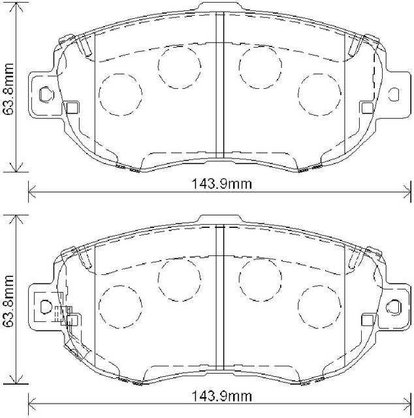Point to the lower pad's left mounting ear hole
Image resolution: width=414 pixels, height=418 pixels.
[46, 306]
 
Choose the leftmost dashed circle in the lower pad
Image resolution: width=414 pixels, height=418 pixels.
[121, 305]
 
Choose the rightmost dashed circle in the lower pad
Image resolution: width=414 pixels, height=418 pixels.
[320, 305]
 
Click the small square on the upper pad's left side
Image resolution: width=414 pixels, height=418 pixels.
[72, 107]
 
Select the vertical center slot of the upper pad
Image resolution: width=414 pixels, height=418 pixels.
[220, 85]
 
